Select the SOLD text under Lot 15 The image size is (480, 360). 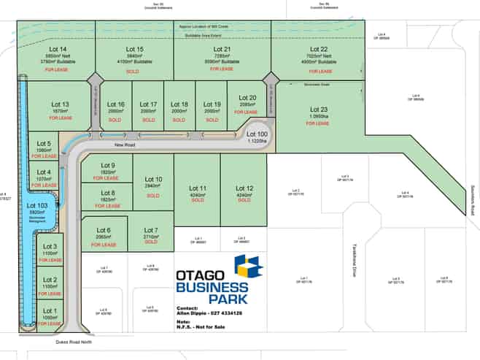(x=133, y=72)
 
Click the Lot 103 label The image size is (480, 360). (x=37, y=206)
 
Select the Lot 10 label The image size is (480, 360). (x=153, y=179)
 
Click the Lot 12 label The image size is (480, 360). (x=245, y=188)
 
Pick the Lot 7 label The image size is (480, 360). (x=151, y=231)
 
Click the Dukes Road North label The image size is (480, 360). (x=76, y=341)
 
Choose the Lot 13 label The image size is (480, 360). (x=61, y=104)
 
